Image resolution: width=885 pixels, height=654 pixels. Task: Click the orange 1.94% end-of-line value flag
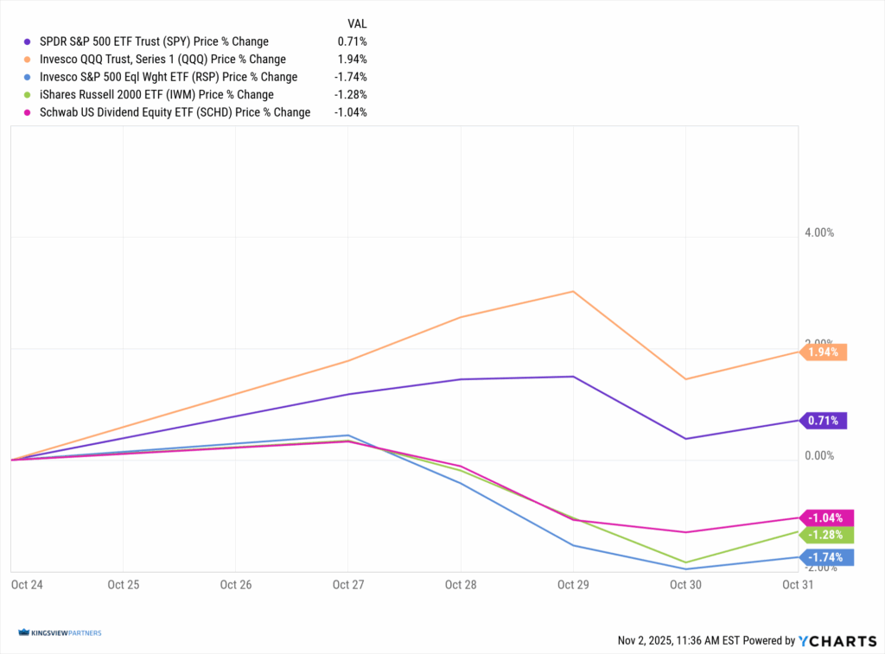(x=825, y=352)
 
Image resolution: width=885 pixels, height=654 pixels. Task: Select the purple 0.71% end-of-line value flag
(x=825, y=421)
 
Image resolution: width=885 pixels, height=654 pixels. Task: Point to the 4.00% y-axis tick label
(x=818, y=233)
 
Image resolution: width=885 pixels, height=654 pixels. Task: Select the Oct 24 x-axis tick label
(x=27, y=585)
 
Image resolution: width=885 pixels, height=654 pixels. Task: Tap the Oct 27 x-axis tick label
(x=347, y=585)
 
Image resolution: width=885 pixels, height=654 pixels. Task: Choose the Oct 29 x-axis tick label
(x=572, y=585)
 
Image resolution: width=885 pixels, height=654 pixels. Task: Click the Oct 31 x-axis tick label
(x=797, y=585)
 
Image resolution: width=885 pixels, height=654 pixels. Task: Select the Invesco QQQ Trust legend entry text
(x=162, y=60)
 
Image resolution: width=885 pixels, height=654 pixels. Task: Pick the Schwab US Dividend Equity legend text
(x=175, y=112)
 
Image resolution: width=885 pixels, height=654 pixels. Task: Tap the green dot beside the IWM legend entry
(x=28, y=95)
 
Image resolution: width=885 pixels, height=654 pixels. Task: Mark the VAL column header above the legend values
(x=356, y=24)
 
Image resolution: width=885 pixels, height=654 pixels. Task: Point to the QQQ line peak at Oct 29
(x=572, y=291)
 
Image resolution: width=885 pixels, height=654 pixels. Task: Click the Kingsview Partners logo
(x=60, y=633)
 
